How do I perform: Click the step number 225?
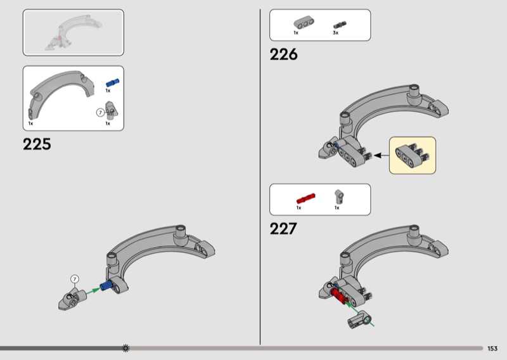pyautogui.click(x=37, y=145)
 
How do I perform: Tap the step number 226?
pyautogui.click(x=283, y=55)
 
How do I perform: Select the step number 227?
pyautogui.click(x=283, y=229)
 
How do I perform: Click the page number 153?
pyautogui.click(x=492, y=348)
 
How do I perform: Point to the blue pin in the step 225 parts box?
pyautogui.click(x=112, y=82)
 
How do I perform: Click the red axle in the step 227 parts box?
pyautogui.click(x=305, y=197)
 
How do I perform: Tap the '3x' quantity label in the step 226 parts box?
pyautogui.click(x=336, y=32)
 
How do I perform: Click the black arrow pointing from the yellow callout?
pyautogui.click(x=380, y=155)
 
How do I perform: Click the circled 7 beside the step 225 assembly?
pyautogui.click(x=74, y=279)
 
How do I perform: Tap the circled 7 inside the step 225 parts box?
pyautogui.click(x=99, y=112)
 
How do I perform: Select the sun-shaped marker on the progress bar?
pyautogui.click(x=125, y=348)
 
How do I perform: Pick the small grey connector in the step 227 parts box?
pyautogui.click(x=338, y=195)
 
